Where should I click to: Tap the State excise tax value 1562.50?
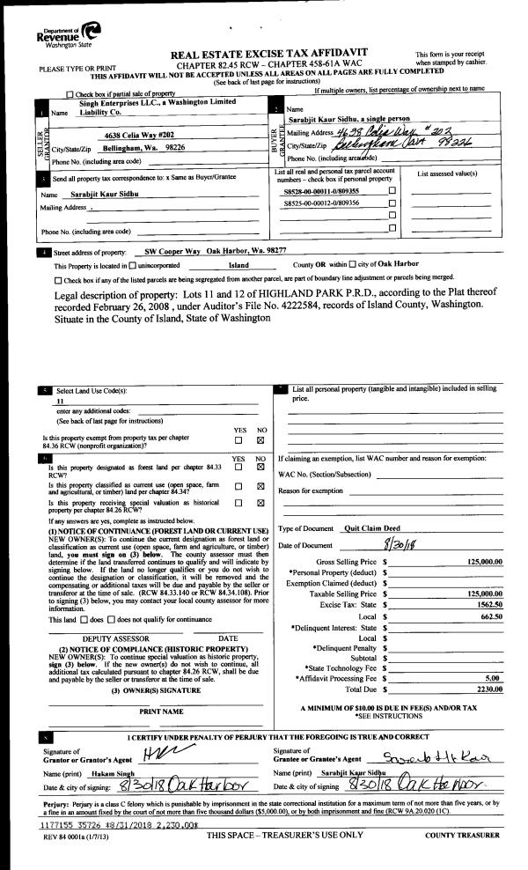487,593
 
